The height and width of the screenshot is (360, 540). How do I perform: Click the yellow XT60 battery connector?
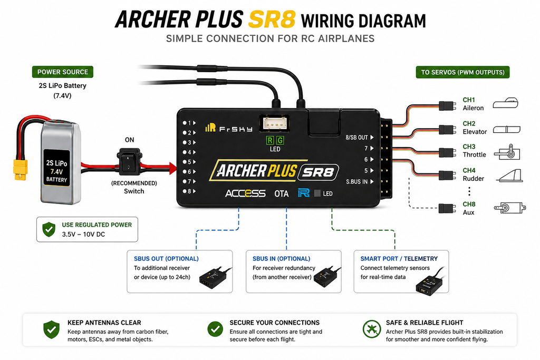[21, 170]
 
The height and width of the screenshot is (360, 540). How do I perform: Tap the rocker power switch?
[129, 161]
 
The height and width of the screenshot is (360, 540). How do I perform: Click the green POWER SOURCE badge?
[63, 72]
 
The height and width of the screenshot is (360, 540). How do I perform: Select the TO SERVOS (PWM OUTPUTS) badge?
[462, 72]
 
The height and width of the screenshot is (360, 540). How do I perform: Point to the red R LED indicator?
[270, 140]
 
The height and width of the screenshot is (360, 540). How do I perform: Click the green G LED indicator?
[280, 140]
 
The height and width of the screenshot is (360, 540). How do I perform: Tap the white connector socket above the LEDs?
[274, 123]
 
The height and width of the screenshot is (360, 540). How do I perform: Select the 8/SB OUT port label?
[357, 138]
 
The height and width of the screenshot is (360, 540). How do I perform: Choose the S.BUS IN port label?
[357, 182]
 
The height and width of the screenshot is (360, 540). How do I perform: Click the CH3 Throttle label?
[474, 151]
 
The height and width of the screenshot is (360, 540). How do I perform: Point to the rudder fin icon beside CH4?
[510, 176]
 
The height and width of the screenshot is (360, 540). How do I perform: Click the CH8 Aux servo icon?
[510, 208]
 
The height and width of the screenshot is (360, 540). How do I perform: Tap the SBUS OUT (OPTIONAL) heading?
[166, 259]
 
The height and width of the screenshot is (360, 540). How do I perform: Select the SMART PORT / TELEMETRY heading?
[399, 259]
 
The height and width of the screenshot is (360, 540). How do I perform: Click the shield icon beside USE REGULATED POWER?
[49, 229]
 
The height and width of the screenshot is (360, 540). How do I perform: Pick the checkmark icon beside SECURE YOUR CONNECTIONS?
[215, 329]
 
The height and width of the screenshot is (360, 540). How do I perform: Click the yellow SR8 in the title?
[272, 20]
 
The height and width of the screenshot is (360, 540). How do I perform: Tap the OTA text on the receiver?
[282, 193]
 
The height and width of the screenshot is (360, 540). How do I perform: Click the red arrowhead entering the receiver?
[172, 169]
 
